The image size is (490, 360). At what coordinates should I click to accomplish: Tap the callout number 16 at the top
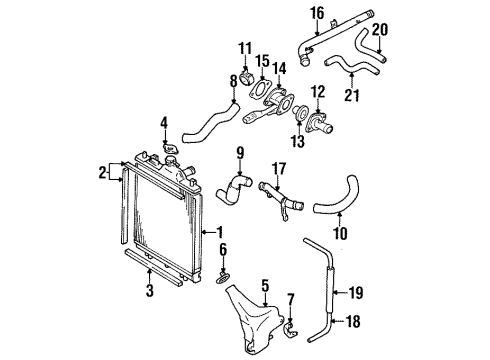(x=317, y=13)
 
